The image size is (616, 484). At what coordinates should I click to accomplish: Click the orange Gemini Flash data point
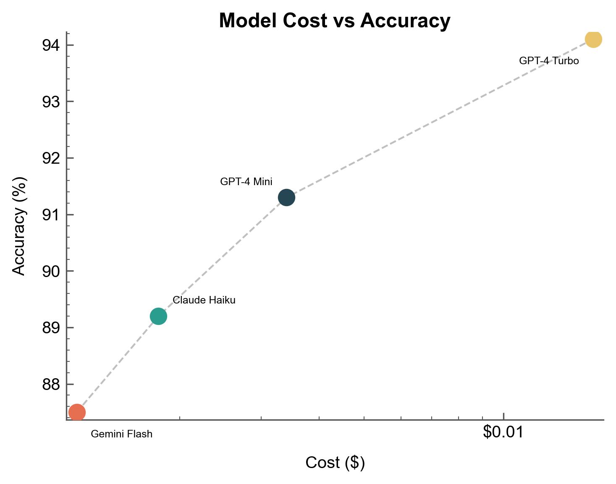pyautogui.click(x=77, y=412)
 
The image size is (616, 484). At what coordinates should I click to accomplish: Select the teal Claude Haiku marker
pyautogui.click(x=158, y=316)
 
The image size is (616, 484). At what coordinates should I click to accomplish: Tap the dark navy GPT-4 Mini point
pyautogui.click(x=286, y=197)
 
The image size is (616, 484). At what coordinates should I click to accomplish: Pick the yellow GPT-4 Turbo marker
pyautogui.click(x=593, y=39)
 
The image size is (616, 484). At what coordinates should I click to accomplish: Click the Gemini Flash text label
pyautogui.click(x=121, y=434)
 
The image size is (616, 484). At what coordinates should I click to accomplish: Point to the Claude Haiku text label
pyautogui.click(x=204, y=300)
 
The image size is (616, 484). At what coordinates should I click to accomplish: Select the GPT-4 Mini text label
pyautogui.click(x=246, y=182)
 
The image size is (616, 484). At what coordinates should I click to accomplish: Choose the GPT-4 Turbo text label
pyautogui.click(x=549, y=61)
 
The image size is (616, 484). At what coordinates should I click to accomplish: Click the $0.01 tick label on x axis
pyautogui.click(x=503, y=432)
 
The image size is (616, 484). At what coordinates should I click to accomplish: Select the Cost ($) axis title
pyautogui.click(x=335, y=462)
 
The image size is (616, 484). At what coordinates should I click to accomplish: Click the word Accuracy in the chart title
pyautogui.click(x=405, y=21)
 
